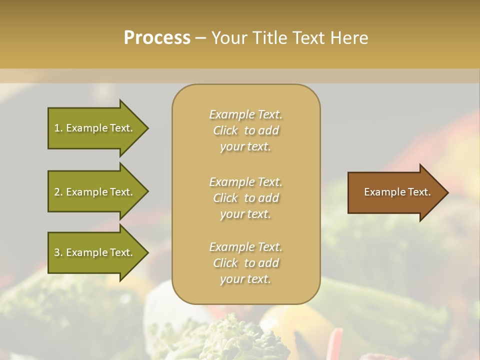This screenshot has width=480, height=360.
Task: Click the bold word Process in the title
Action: pyautogui.click(x=157, y=38)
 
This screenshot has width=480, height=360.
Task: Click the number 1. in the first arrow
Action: pyautogui.click(x=58, y=128)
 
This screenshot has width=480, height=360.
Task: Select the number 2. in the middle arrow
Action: pyautogui.click(x=58, y=192)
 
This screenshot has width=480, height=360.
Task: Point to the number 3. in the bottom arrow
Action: pyautogui.click(x=58, y=252)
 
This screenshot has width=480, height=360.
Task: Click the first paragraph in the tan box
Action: pyautogui.click(x=245, y=130)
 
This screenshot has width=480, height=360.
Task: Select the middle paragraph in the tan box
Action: pyautogui.click(x=245, y=198)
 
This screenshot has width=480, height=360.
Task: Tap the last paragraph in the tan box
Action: pyautogui.click(x=245, y=263)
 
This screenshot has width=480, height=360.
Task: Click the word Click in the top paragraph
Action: pyautogui.click(x=225, y=130)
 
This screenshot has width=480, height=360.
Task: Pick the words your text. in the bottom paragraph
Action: pyautogui.click(x=245, y=279)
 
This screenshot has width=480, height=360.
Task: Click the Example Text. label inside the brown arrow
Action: pyautogui.click(x=397, y=192)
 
